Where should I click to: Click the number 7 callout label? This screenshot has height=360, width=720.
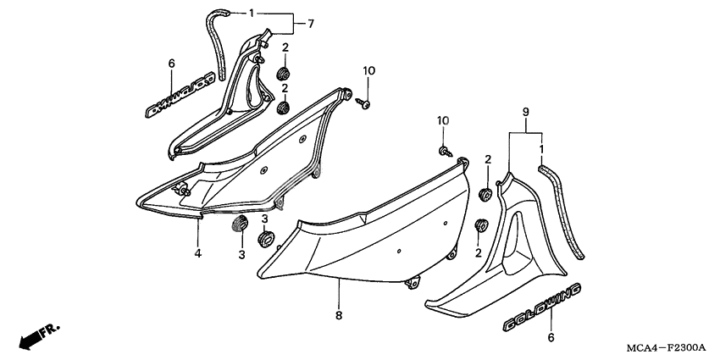click(x=311, y=23)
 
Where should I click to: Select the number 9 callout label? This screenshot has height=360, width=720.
click(x=525, y=113)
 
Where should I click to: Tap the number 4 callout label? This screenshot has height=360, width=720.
click(x=197, y=252)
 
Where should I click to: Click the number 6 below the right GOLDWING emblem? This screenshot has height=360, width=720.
click(x=551, y=336)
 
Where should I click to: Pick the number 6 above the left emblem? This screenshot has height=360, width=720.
click(x=171, y=63)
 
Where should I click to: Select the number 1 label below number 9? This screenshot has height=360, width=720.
click(x=542, y=150)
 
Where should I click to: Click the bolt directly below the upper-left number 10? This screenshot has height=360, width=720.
click(x=365, y=103)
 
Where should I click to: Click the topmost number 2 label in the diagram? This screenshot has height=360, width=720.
click(x=285, y=47)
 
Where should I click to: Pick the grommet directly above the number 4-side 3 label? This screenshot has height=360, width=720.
click(x=239, y=224)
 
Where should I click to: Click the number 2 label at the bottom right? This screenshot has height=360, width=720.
click(x=480, y=252)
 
